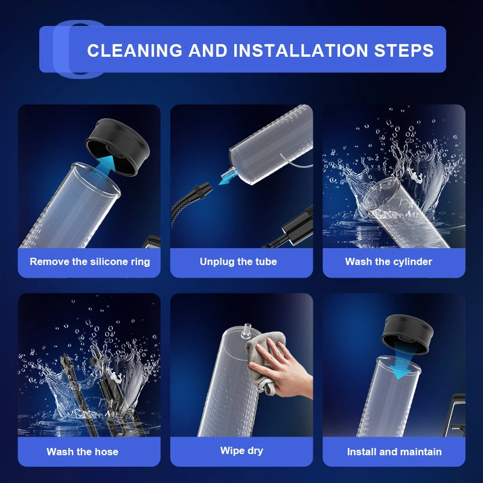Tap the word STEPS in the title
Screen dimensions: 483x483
pos(404,50)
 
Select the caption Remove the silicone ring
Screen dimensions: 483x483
pos(89,261)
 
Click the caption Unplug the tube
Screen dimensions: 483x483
pos(238,261)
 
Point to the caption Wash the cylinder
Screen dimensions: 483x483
pos(388,261)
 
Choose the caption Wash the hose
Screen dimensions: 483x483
pos(82,452)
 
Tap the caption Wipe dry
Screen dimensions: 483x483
pos(241,450)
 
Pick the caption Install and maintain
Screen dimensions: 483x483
pos(394,452)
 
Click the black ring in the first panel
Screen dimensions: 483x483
pos(118,147)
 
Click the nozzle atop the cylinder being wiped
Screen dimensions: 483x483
pos(247,331)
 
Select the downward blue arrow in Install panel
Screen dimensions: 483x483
pos(400,364)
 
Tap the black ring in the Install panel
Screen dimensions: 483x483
pos(407,334)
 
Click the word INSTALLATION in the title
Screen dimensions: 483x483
pos(301,50)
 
